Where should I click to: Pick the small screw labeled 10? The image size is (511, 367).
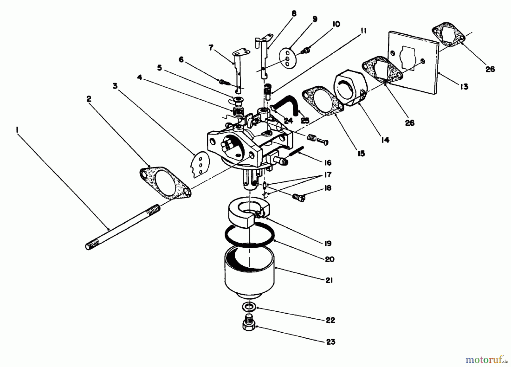(x=305, y=51)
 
